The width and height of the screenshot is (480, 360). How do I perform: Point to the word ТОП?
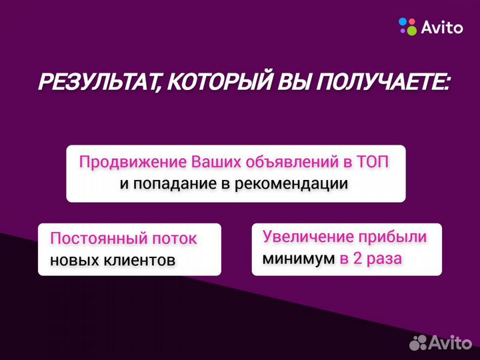372,162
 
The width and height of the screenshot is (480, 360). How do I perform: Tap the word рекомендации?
294,184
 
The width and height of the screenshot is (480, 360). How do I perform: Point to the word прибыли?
394,237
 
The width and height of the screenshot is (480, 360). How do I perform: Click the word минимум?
298,259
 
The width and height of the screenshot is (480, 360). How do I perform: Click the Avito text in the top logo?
441,27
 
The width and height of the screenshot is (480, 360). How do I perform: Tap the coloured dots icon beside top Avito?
407,27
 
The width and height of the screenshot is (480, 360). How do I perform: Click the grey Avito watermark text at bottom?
450,343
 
